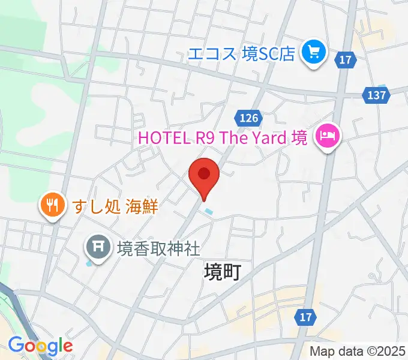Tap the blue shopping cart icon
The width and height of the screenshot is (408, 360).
pyautogui.click(x=313, y=53)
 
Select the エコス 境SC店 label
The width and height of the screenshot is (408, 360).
pyautogui.click(x=242, y=53)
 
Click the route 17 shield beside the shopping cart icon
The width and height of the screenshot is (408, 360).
pyautogui.click(x=346, y=59)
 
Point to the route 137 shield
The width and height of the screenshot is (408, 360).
pyautogui.click(x=376, y=94)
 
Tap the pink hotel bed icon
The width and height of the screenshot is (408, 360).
pyautogui.click(x=328, y=137)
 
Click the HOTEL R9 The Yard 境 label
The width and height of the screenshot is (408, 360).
pyautogui.click(x=223, y=137)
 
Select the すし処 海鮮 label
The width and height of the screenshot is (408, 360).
pyautogui.click(x=115, y=206)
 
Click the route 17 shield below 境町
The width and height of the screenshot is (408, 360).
pyautogui.click(x=305, y=316)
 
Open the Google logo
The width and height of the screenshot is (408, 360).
pyautogui.click(x=40, y=346)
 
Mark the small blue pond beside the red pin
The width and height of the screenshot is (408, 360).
pyautogui.click(x=208, y=211)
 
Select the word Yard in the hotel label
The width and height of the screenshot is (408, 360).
pyautogui.click(x=269, y=137)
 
